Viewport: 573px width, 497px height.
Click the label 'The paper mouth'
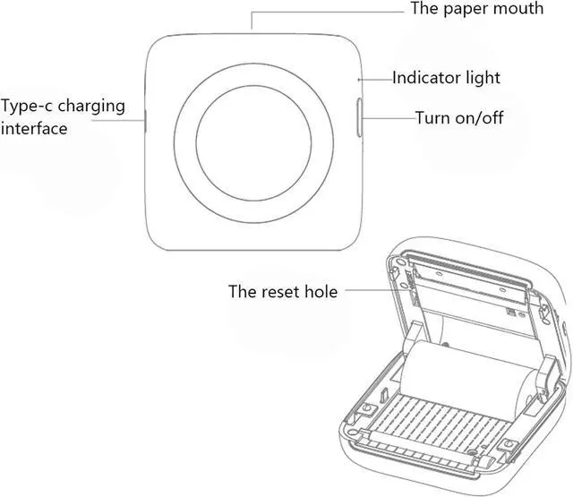tap(476, 9)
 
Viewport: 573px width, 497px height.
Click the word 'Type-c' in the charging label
tap(24, 106)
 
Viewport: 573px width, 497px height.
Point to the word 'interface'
tap(34, 129)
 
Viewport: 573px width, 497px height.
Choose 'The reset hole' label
tap(283, 291)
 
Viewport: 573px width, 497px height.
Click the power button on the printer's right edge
tap(361, 118)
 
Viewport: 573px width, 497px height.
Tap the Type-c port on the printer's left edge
tap(146, 118)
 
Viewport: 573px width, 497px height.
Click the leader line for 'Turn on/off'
tap(388, 118)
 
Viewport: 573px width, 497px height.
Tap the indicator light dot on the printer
tap(360, 79)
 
